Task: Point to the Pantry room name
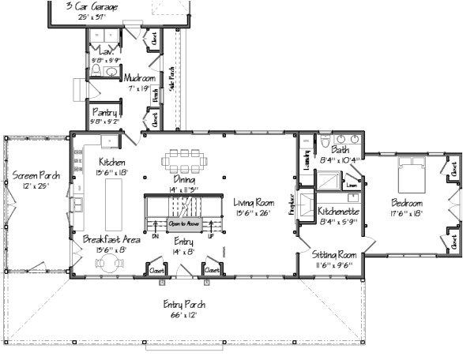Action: (104, 113)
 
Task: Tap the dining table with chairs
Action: (185, 160)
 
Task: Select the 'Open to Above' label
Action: (183, 224)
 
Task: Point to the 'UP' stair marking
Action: (209, 236)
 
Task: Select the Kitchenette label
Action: (339, 212)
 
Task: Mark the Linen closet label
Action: (352, 186)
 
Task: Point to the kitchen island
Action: (115, 201)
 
